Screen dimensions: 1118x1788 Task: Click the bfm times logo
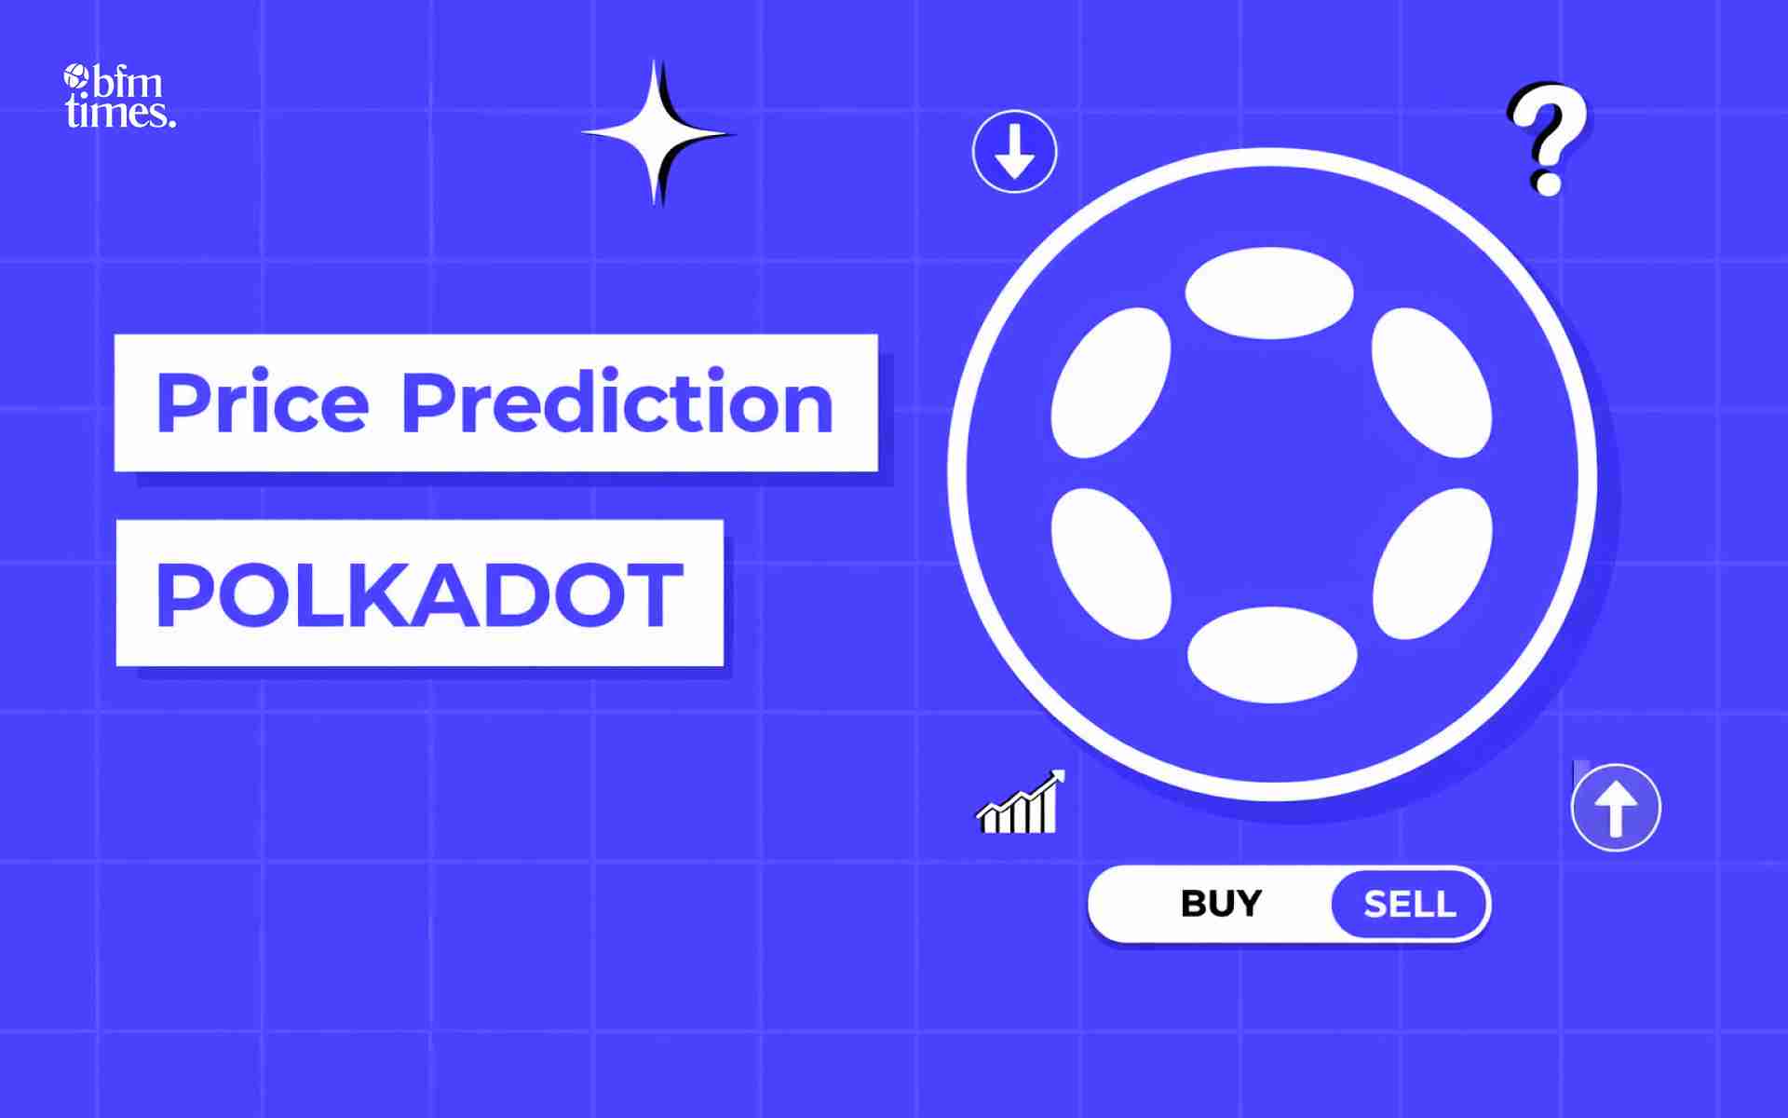tap(119, 96)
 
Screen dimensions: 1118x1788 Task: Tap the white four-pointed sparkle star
tap(657, 133)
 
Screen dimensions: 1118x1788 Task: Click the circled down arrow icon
tap(1014, 151)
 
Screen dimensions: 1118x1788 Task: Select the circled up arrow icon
tap(1616, 807)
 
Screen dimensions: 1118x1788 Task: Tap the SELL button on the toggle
tap(1410, 904)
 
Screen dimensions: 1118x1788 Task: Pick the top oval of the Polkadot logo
tap(1269, 293)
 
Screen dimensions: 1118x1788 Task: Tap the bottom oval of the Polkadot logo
tap(1271, 654)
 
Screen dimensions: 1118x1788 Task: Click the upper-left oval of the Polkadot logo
tap(1111, 383)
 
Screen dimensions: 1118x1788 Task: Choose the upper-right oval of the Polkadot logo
tap(1431, 383)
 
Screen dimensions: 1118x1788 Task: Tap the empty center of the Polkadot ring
tap(1271, 473)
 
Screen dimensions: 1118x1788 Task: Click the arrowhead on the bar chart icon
tap(1056, 777)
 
